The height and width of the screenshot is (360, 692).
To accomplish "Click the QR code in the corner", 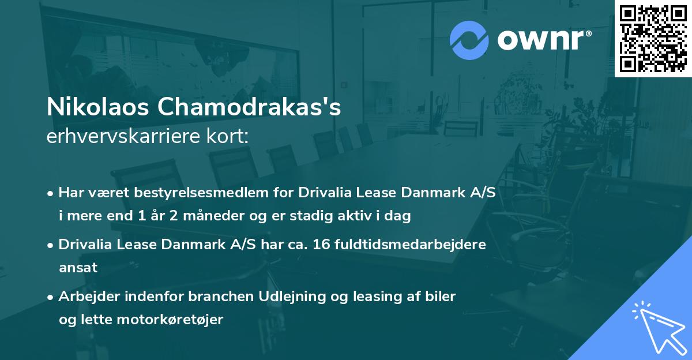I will [653, 39].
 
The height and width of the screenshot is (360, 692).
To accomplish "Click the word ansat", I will [78, 267].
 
